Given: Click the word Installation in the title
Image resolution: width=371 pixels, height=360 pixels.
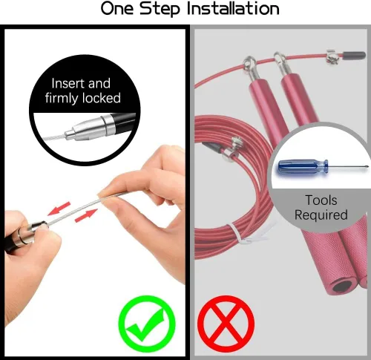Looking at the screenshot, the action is coord(233,8).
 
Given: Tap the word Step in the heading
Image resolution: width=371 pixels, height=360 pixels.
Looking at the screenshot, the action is coord(160,9).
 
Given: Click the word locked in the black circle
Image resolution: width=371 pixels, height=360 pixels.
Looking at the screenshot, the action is coord(102,98).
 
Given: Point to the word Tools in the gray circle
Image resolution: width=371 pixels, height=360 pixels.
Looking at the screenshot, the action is coord(321,200).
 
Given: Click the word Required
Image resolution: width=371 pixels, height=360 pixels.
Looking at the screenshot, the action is coord(321,215).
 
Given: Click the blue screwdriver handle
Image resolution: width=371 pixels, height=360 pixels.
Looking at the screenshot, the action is coord(303,166).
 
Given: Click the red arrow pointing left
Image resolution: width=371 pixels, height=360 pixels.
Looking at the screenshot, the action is coord(59,209).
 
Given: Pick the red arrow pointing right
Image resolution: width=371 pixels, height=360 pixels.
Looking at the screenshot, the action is coord(86,215).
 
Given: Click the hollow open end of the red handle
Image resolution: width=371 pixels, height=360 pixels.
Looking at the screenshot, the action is coord(343,286).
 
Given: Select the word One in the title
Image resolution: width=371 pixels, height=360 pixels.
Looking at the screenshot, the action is coord(117,8).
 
